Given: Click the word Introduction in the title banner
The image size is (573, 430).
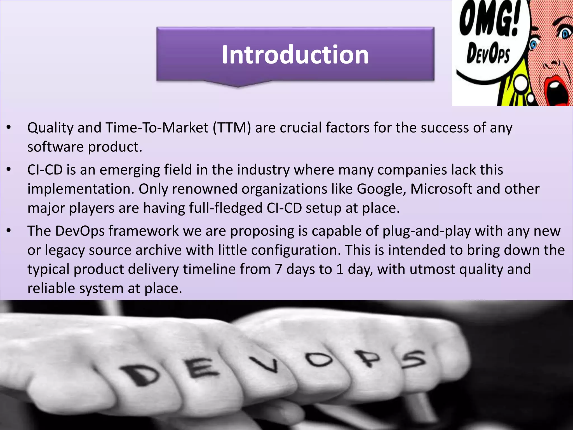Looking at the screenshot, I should [295, 55].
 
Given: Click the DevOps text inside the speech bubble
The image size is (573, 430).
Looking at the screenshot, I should [488, 53].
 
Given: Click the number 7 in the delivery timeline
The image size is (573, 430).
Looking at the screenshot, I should [278, 269].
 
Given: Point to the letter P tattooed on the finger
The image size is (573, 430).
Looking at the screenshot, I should [369, 359].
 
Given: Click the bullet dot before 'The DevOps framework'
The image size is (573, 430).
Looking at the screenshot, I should [9, 231].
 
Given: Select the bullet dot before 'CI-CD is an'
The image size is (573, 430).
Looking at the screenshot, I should [9, 170].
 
